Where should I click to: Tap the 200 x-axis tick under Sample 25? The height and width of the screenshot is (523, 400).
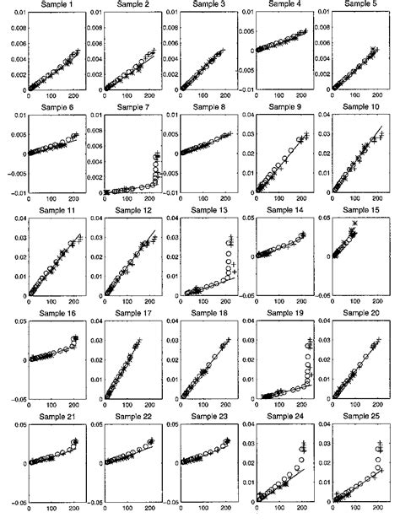[378, 513]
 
